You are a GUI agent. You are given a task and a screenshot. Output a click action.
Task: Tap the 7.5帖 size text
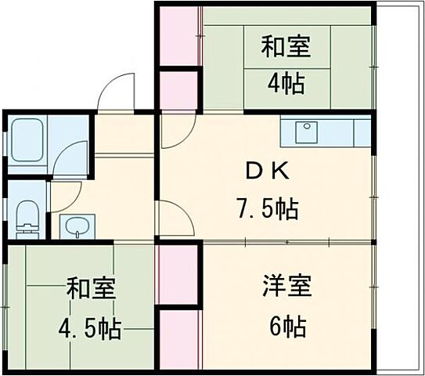(268, 209)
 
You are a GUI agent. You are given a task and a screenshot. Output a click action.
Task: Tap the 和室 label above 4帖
(285, 47)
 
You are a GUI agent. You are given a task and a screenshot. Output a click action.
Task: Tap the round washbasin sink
(76, 227)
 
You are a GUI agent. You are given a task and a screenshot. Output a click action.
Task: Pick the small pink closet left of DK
(176, 90)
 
